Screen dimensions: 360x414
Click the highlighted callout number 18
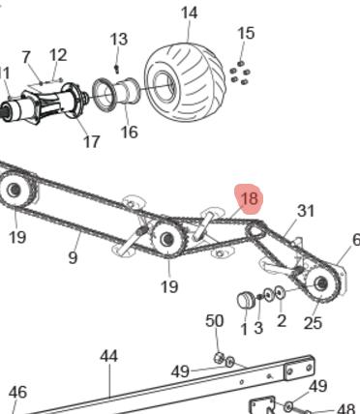pyautogui.click(x=250, y=198)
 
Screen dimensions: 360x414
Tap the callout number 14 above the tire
pyautogui.click(x=189, y=14)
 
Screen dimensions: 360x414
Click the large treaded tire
pyautogui.click(x=185, y=82)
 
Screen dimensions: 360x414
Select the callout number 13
pyautogui.click(x=119, y=40)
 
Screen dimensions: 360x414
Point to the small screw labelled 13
pyautogui.click(x=117, y=68)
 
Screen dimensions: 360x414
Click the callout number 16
pyautogui.click(x=129, y=132)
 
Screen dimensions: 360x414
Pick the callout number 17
pyautogui.click(x=92, y=141)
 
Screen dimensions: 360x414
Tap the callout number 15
pyautogui.click(x=246, y=33)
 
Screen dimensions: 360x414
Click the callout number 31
pyautogui.click(x=305, y=211)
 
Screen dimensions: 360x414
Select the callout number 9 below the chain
pyautogui.click(x=74, y=257)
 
